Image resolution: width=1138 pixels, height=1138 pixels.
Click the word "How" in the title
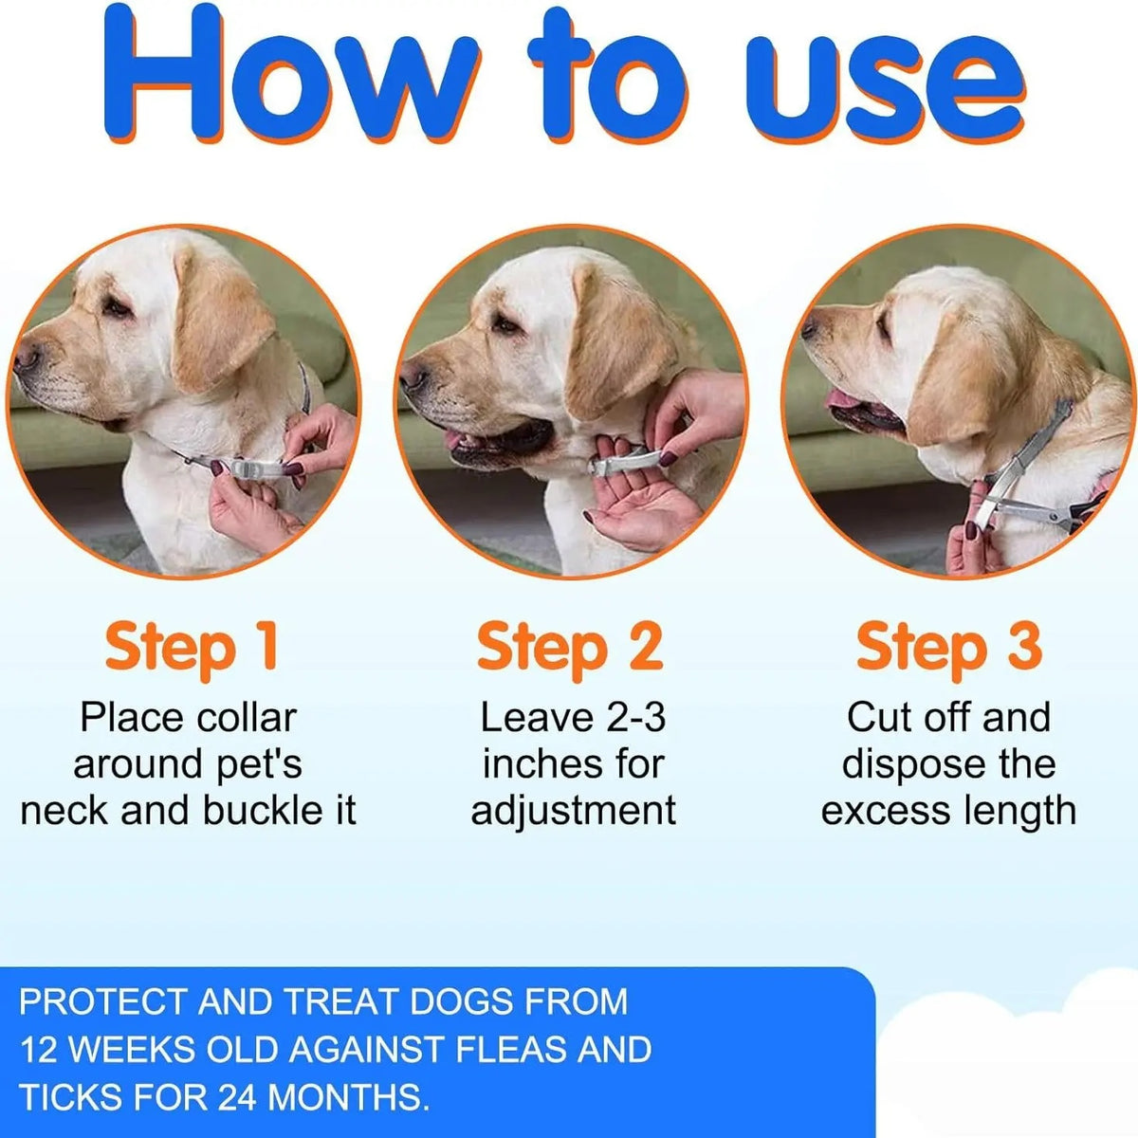[x=290, y=74]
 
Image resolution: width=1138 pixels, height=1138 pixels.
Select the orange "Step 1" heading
[x=192, y=649]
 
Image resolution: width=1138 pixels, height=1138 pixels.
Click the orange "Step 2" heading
[x=570, y=649]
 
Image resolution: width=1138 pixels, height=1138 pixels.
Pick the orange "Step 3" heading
[x=949, y=649]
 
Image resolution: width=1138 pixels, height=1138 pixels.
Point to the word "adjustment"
[x=573, y=811]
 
